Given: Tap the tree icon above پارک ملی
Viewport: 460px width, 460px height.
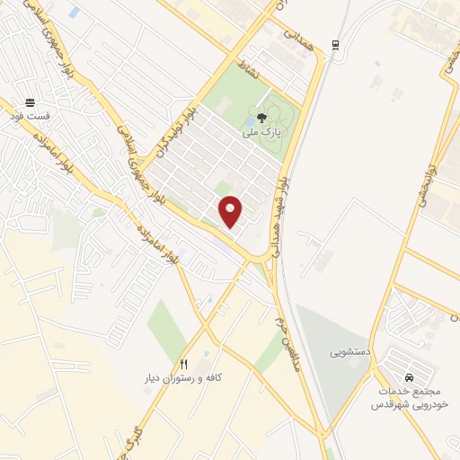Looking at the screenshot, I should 261,117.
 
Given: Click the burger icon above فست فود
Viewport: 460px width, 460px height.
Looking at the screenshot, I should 31,102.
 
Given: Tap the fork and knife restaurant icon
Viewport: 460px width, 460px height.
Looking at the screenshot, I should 183,364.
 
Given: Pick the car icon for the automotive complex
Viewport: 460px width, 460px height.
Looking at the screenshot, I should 410,378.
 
